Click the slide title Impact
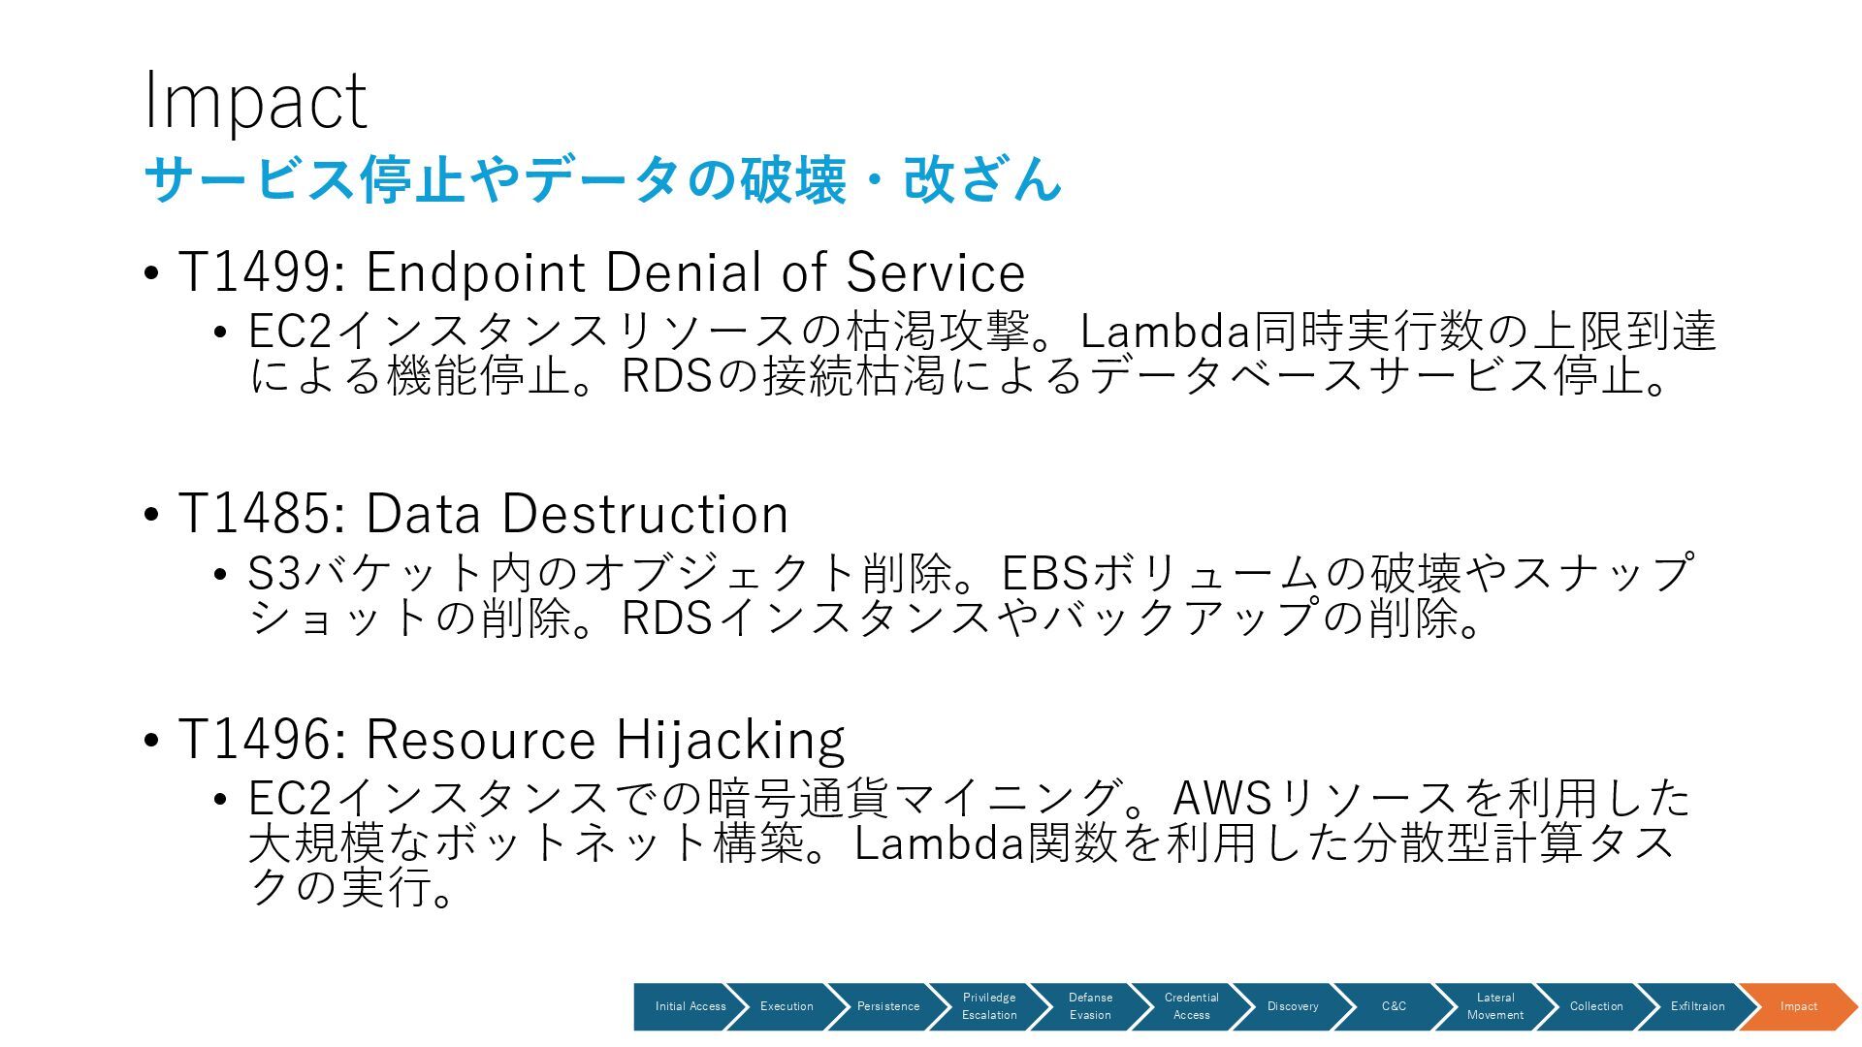click(255, 101)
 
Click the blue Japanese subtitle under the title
click(602, 179)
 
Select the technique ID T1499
click(255, 272)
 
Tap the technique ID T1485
click(255, 514)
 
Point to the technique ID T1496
click(255, 740)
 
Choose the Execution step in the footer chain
click(787, 1006)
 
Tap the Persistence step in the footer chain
click(887, 1006)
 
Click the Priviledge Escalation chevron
click(989, 1006)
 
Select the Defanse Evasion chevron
click(1090, 1006)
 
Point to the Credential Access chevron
click(1191, 1006)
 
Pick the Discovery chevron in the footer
click(1293, 1006)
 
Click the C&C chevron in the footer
click(1394, 1006)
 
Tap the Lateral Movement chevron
click(1494, 1006)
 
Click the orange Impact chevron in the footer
click(1798, 1006)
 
